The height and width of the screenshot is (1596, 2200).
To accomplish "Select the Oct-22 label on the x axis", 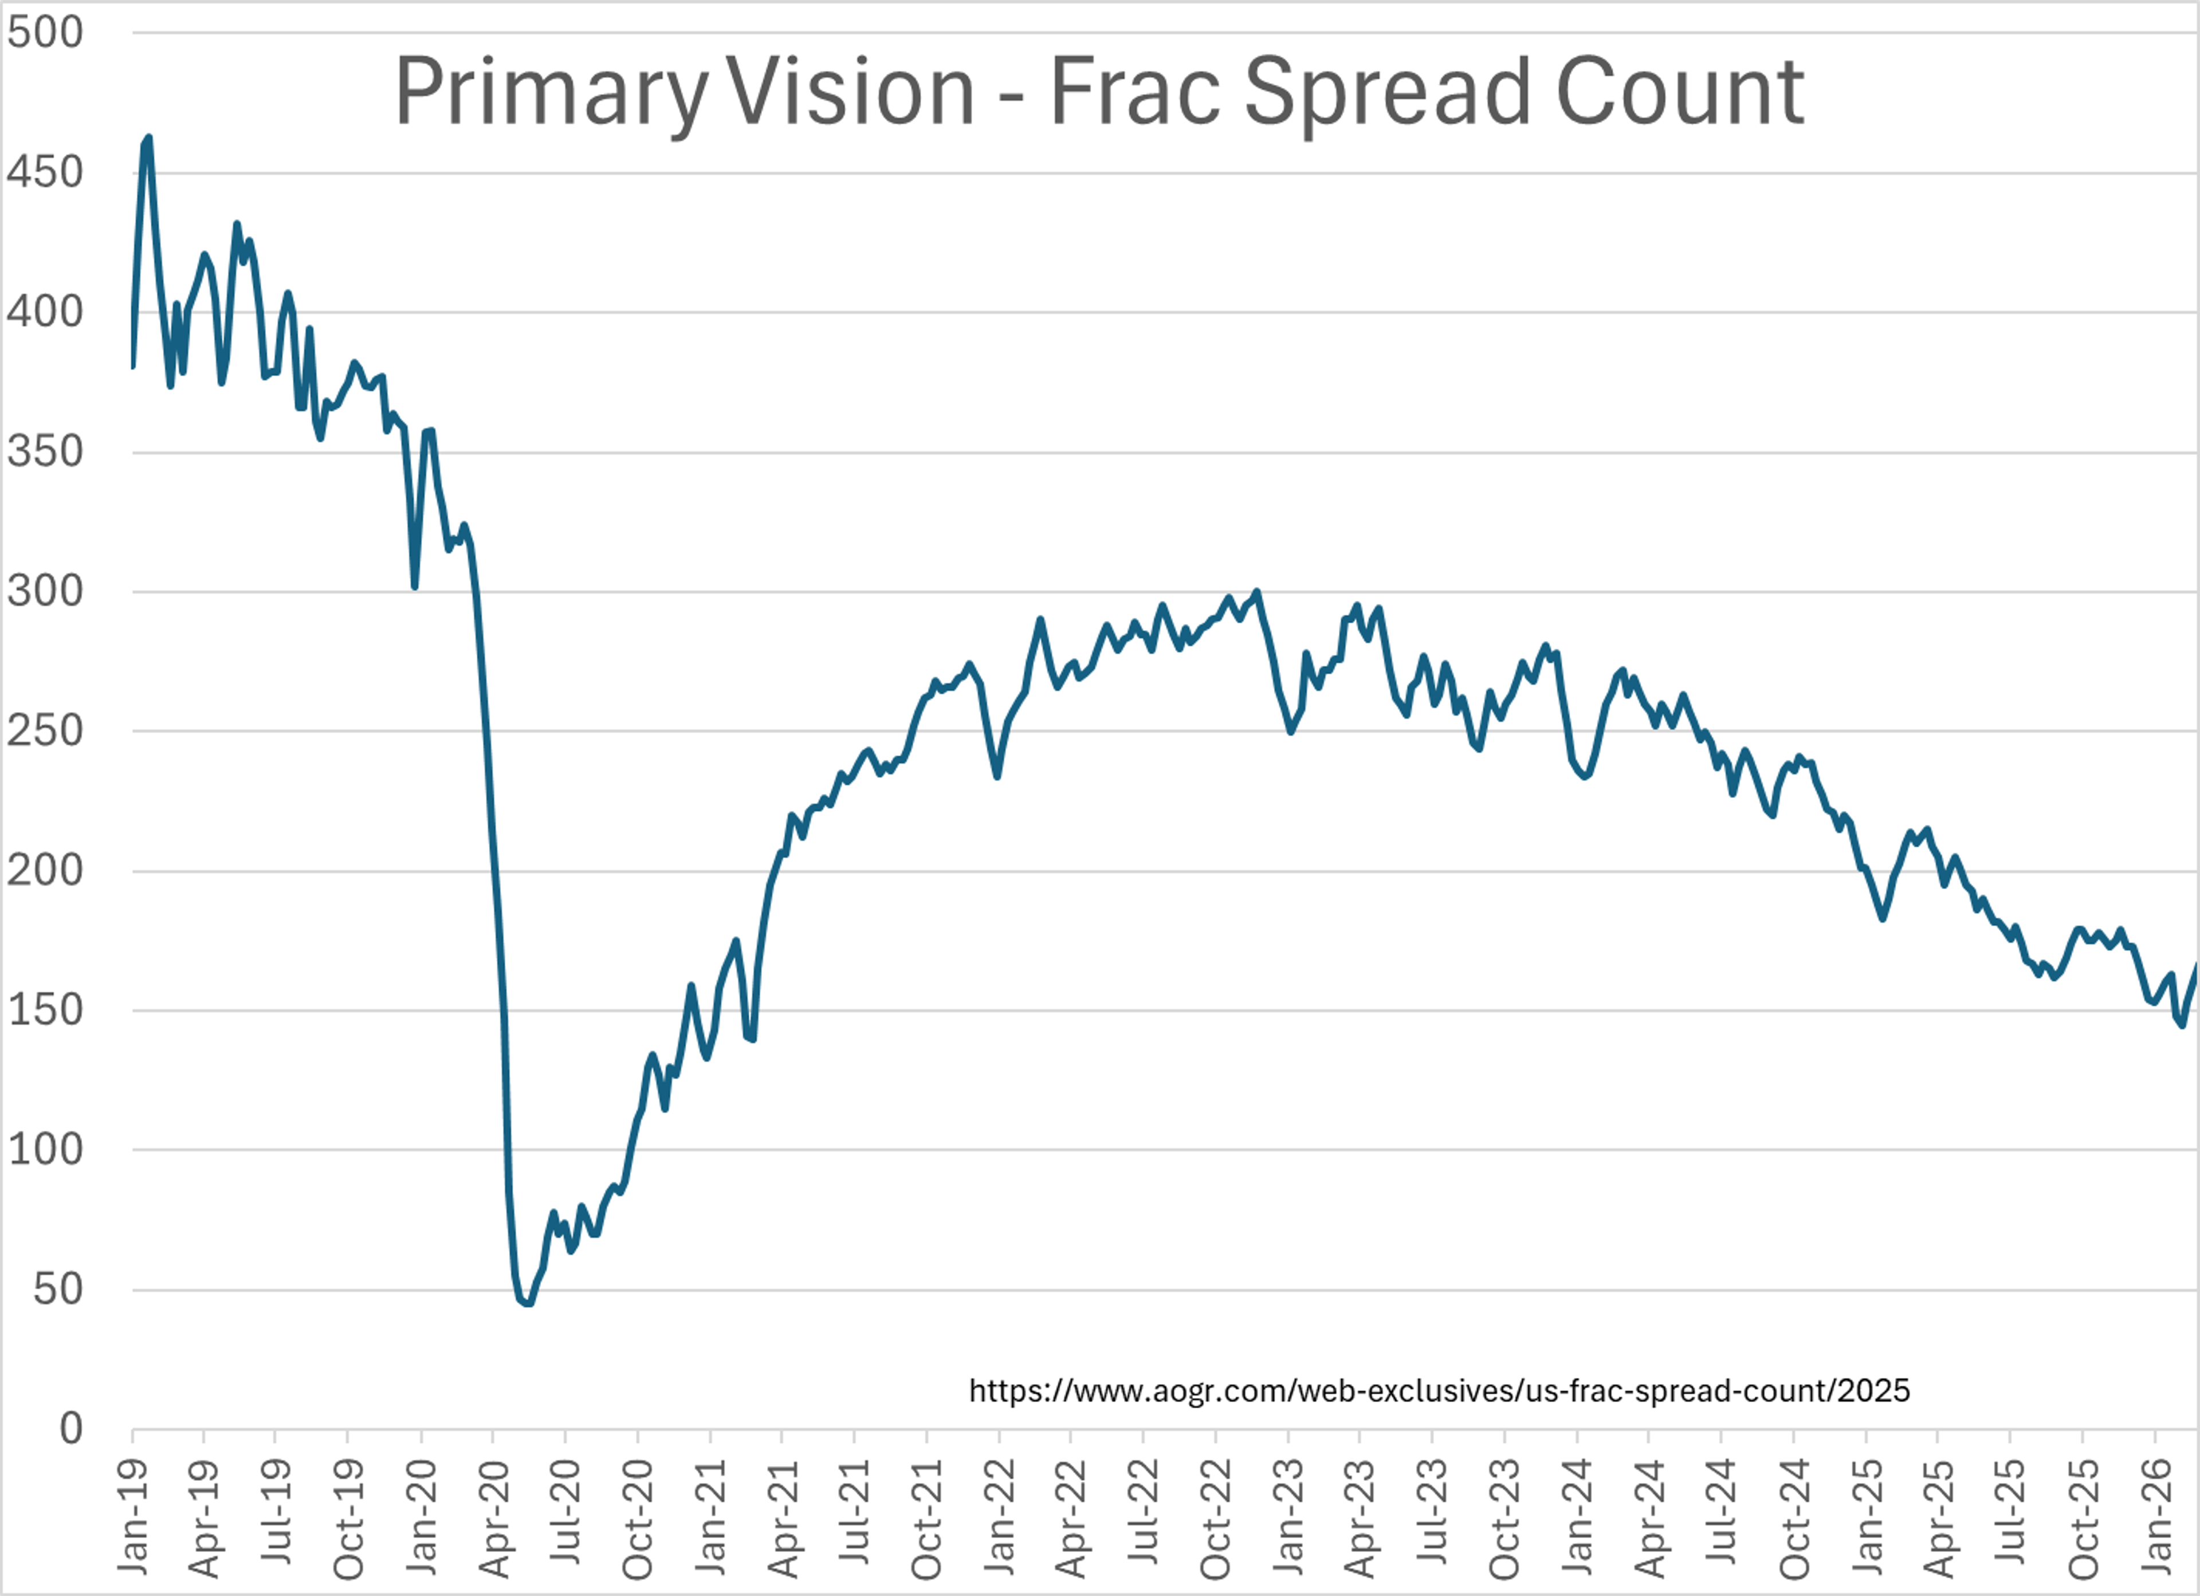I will [x=1215, y=1519].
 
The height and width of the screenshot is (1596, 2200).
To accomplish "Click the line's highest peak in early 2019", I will [x=147, y=139].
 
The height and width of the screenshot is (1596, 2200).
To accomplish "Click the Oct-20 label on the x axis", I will [x=637, y=1519].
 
